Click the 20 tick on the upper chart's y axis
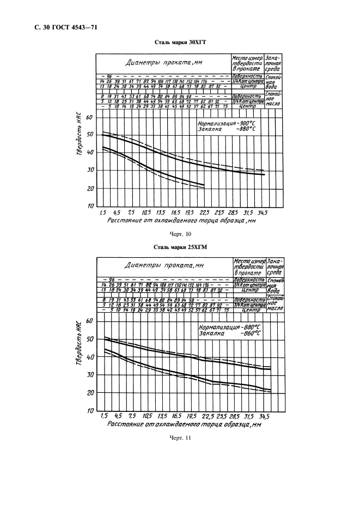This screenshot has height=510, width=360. coord(90,189)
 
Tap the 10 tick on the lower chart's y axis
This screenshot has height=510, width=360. coord(91,410)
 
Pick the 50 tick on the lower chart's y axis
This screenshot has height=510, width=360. coord(91,339)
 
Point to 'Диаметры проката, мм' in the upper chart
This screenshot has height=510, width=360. coord(164,63)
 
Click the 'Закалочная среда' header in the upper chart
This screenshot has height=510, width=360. coord(274,63)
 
